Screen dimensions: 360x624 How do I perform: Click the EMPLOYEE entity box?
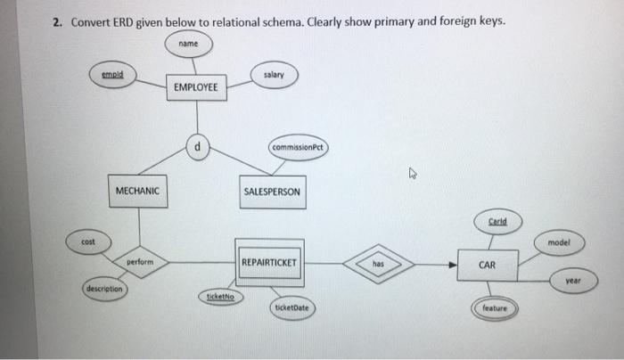click(199, 89)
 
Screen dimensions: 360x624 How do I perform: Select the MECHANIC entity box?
click(138, 191)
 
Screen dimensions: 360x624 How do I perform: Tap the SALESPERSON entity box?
click(272, 192)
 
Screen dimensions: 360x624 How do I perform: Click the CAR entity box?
click(487, 265)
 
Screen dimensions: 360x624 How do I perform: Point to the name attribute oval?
click(187, 43)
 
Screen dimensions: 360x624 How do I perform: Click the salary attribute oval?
click(274, 77)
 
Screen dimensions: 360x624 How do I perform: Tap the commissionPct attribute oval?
click(299, 146)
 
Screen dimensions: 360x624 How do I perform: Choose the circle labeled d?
click(197, 145)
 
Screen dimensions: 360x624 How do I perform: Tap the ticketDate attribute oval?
click(291, 307)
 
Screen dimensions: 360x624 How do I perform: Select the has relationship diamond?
click(378, 264)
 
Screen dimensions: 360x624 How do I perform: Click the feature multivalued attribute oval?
click(493, 307)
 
